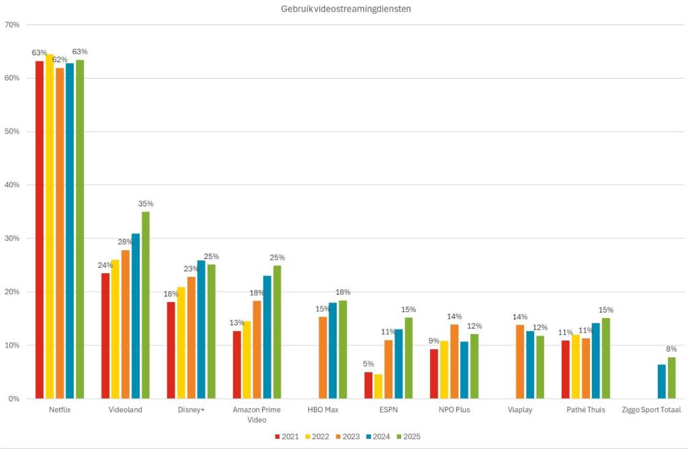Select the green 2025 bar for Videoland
[146, 305]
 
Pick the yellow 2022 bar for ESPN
[378, 387]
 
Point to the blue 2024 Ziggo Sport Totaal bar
[661, 382]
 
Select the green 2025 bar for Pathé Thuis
[605, 358]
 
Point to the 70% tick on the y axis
[11, 25]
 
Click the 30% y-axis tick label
[11, 238]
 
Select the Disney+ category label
[190, 409]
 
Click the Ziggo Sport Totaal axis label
[651, 409]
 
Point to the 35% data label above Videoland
[146, 203]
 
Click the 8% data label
[671, 349]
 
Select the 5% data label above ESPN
[369, 364]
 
